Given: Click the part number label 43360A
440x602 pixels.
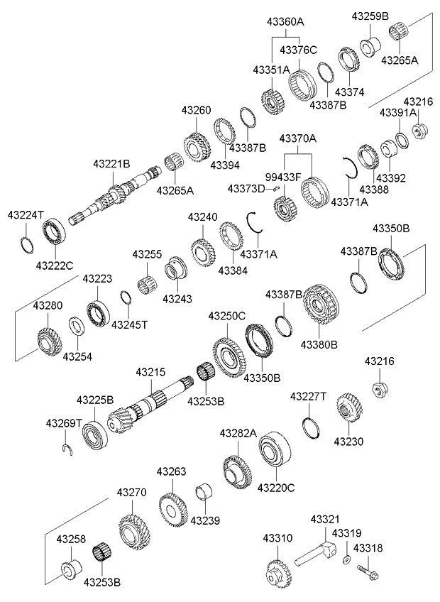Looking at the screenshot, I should (285, 22).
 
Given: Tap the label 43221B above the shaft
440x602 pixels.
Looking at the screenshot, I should (111, 163).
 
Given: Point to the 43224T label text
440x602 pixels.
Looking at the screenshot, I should (26, 214).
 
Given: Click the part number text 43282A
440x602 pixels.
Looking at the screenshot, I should (238, 433).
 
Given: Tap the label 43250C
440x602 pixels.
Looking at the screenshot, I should (227, 315).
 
